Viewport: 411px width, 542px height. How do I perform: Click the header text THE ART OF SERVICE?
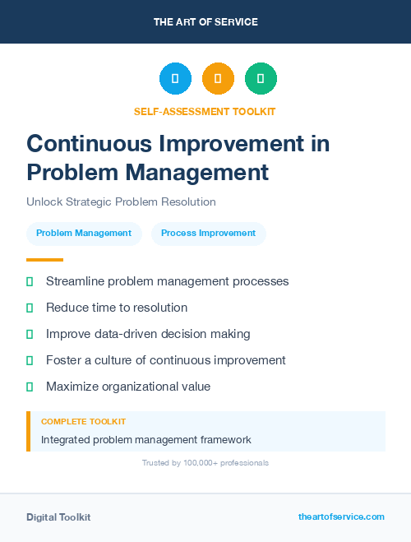[x=205, y=22]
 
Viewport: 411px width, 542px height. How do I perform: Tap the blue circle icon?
[x=175, y=79]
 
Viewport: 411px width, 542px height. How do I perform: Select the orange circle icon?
[x=218, y=79]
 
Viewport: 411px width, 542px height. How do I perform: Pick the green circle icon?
[x=261, y=79]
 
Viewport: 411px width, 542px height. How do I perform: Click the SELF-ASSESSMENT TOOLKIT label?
[x=205, y=111]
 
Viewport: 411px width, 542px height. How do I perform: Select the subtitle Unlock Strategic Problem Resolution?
[x=121, y=202]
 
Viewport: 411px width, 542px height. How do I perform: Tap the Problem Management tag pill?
[x=84, y=233]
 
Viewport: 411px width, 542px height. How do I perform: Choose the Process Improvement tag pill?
[x=208, y=233]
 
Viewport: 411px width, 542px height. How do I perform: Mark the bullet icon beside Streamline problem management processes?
[x=30, y=281]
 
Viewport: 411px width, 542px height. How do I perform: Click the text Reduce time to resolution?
[x=117, y=308]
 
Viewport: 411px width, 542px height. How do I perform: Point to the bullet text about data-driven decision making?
[x=148, y=334]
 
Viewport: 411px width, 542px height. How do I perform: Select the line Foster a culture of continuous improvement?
[x=165, y=360]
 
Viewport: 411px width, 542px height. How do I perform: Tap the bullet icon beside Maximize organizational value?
[x=30, y=387]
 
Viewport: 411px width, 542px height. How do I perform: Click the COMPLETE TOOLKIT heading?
[x=83, y=422]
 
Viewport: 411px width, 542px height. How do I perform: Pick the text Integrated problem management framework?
[x=146, y=440]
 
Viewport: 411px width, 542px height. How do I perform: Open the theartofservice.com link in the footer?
[x=341, y=517]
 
